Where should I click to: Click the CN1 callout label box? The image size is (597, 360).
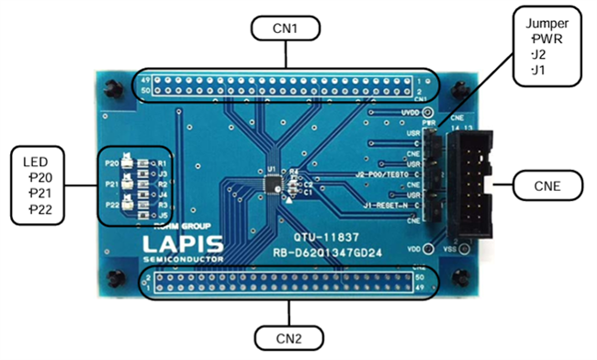[x=285, y=28]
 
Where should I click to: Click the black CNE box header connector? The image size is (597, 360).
[x=468, y=180]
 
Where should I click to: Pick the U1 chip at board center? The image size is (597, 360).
[x=273, y=185]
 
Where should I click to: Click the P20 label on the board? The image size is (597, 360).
[x=112, y=163]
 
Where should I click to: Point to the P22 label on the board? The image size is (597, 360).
[x=112, y=203]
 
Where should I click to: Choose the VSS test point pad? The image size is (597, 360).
[x=466, y=249]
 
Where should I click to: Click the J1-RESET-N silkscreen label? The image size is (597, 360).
[x=388, y=205]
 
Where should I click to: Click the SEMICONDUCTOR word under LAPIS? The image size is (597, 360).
[x=183, y=260]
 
